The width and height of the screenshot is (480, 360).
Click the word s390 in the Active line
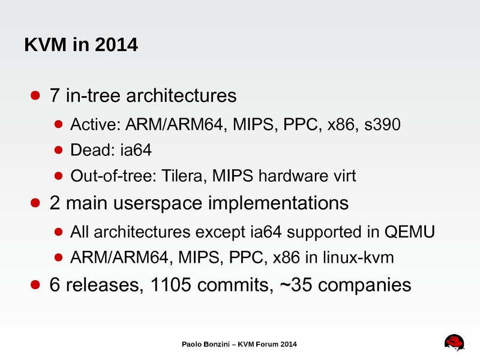[382, 124]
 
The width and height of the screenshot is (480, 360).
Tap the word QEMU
[410, 232]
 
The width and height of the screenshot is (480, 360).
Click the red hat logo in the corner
[455, 342]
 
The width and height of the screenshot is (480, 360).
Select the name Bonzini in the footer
[216, 344]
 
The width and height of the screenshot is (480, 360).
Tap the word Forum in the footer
[267, 344]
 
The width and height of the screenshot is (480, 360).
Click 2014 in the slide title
[116, 44]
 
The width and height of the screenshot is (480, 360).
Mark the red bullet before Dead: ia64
[58, 150]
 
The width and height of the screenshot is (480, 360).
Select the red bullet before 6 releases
[35, 284]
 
